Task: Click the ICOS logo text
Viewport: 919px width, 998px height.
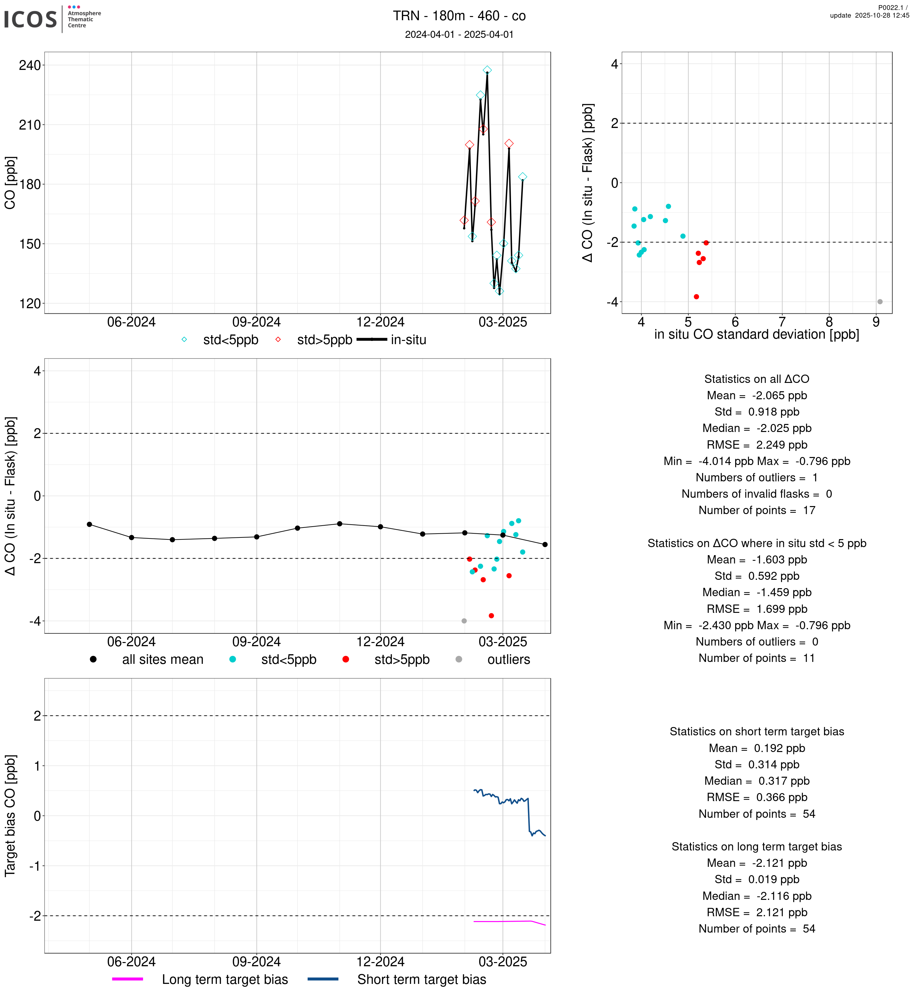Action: point(30,19)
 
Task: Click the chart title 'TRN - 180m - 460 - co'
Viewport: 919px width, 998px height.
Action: point(459,16)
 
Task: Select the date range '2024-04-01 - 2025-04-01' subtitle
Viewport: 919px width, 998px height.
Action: point(459,34)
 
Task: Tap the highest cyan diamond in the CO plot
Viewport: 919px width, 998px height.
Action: point(487,70)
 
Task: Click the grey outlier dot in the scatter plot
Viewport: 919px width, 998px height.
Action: point(880,302)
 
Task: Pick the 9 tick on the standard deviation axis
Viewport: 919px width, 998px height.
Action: point(876,322)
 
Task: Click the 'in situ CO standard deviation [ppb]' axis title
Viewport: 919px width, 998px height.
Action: point(756,335)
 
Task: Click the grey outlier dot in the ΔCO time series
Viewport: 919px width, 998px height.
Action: point(464,621)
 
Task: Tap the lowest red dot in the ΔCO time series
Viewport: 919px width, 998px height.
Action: point(491,616)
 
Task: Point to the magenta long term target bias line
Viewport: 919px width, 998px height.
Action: point(502,921)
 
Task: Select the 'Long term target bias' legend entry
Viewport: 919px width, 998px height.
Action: point(225,980)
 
